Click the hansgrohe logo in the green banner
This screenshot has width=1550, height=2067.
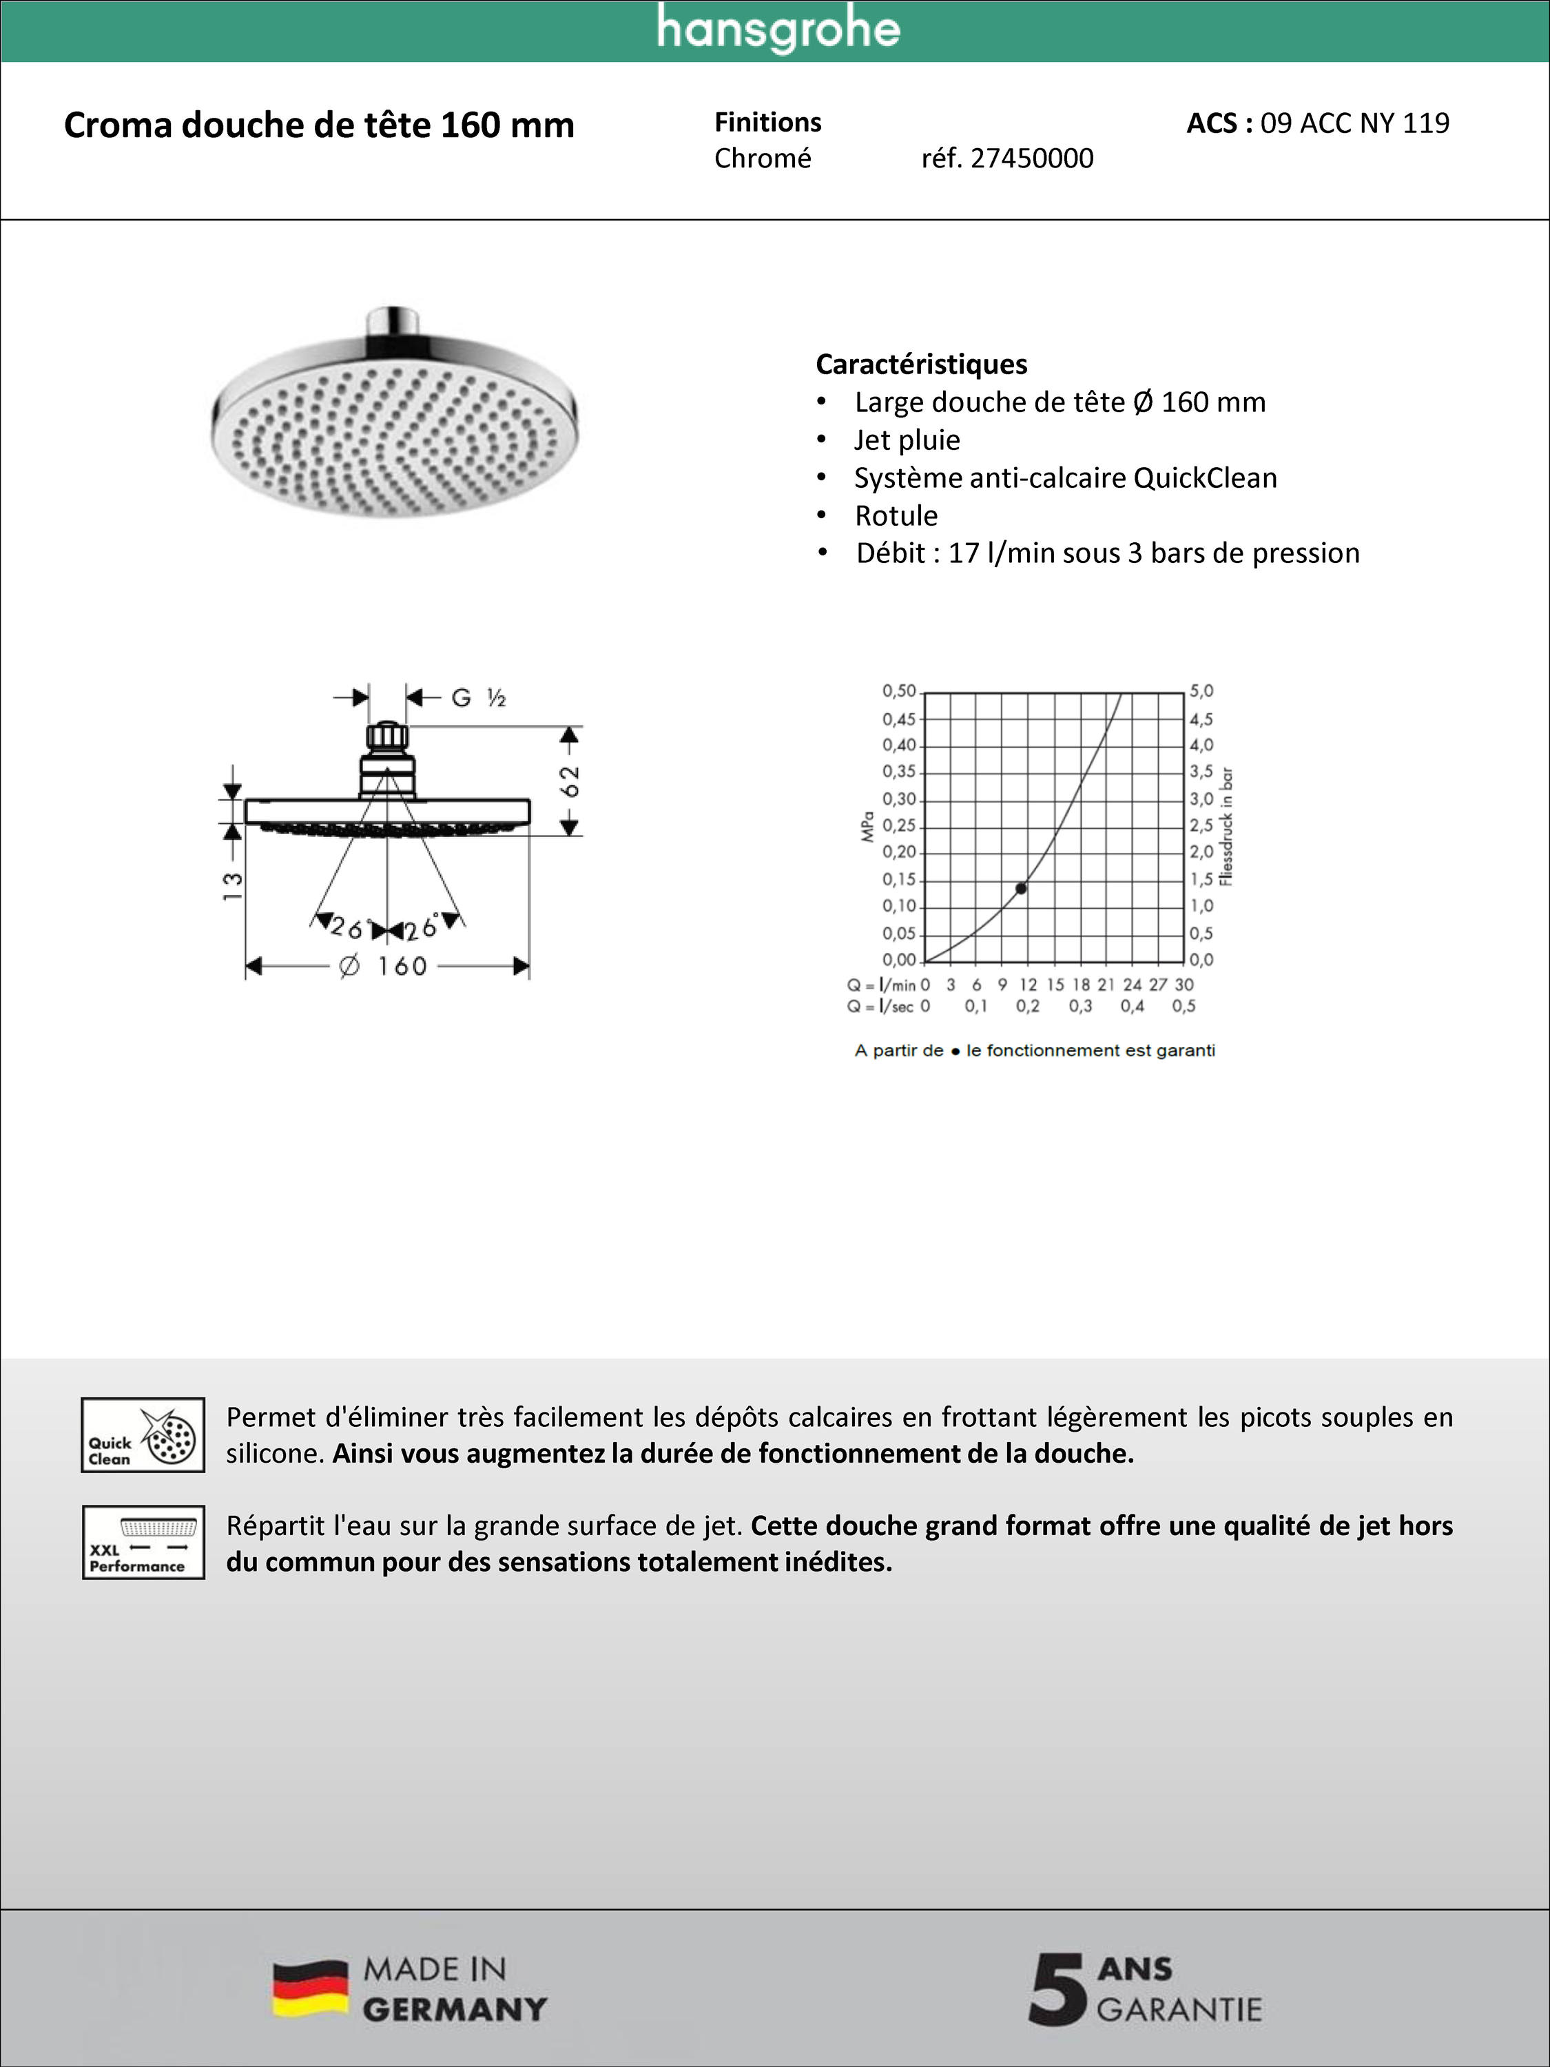(777, 30)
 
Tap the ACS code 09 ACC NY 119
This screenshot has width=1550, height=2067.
(1354, 123)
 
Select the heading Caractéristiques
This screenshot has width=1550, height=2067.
(921, 364)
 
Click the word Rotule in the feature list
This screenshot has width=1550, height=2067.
(896, 516)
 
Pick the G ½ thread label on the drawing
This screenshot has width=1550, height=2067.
(477, 698)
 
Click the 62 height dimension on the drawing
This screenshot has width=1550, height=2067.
(570, 781)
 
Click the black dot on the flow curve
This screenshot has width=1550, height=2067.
(1021, 887)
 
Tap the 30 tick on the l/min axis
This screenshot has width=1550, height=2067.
(1184, 985)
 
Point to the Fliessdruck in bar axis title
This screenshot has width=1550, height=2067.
(1227, 827)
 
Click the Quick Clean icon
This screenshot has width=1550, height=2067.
(143, 1435)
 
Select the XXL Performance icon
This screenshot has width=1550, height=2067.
(143, 1543)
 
